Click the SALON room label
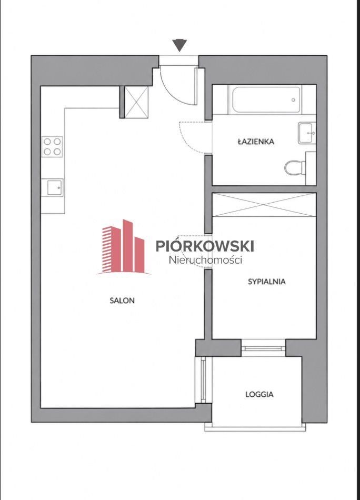coord(122,301)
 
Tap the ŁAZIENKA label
coord(256,141)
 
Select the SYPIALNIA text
coord(266,282)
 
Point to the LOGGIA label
coord(259,394)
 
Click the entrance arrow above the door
coord(179,45)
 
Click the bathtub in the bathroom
coord(266,100)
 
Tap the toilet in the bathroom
coord(295,168)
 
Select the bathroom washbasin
coord(307,133)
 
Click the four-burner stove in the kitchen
coord(52,146)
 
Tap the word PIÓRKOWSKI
coord(205,246)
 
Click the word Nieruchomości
coord(205,260)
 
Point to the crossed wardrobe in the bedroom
coord(264,205)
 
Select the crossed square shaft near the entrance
coord(136,102)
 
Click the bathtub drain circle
coord(293,100)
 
